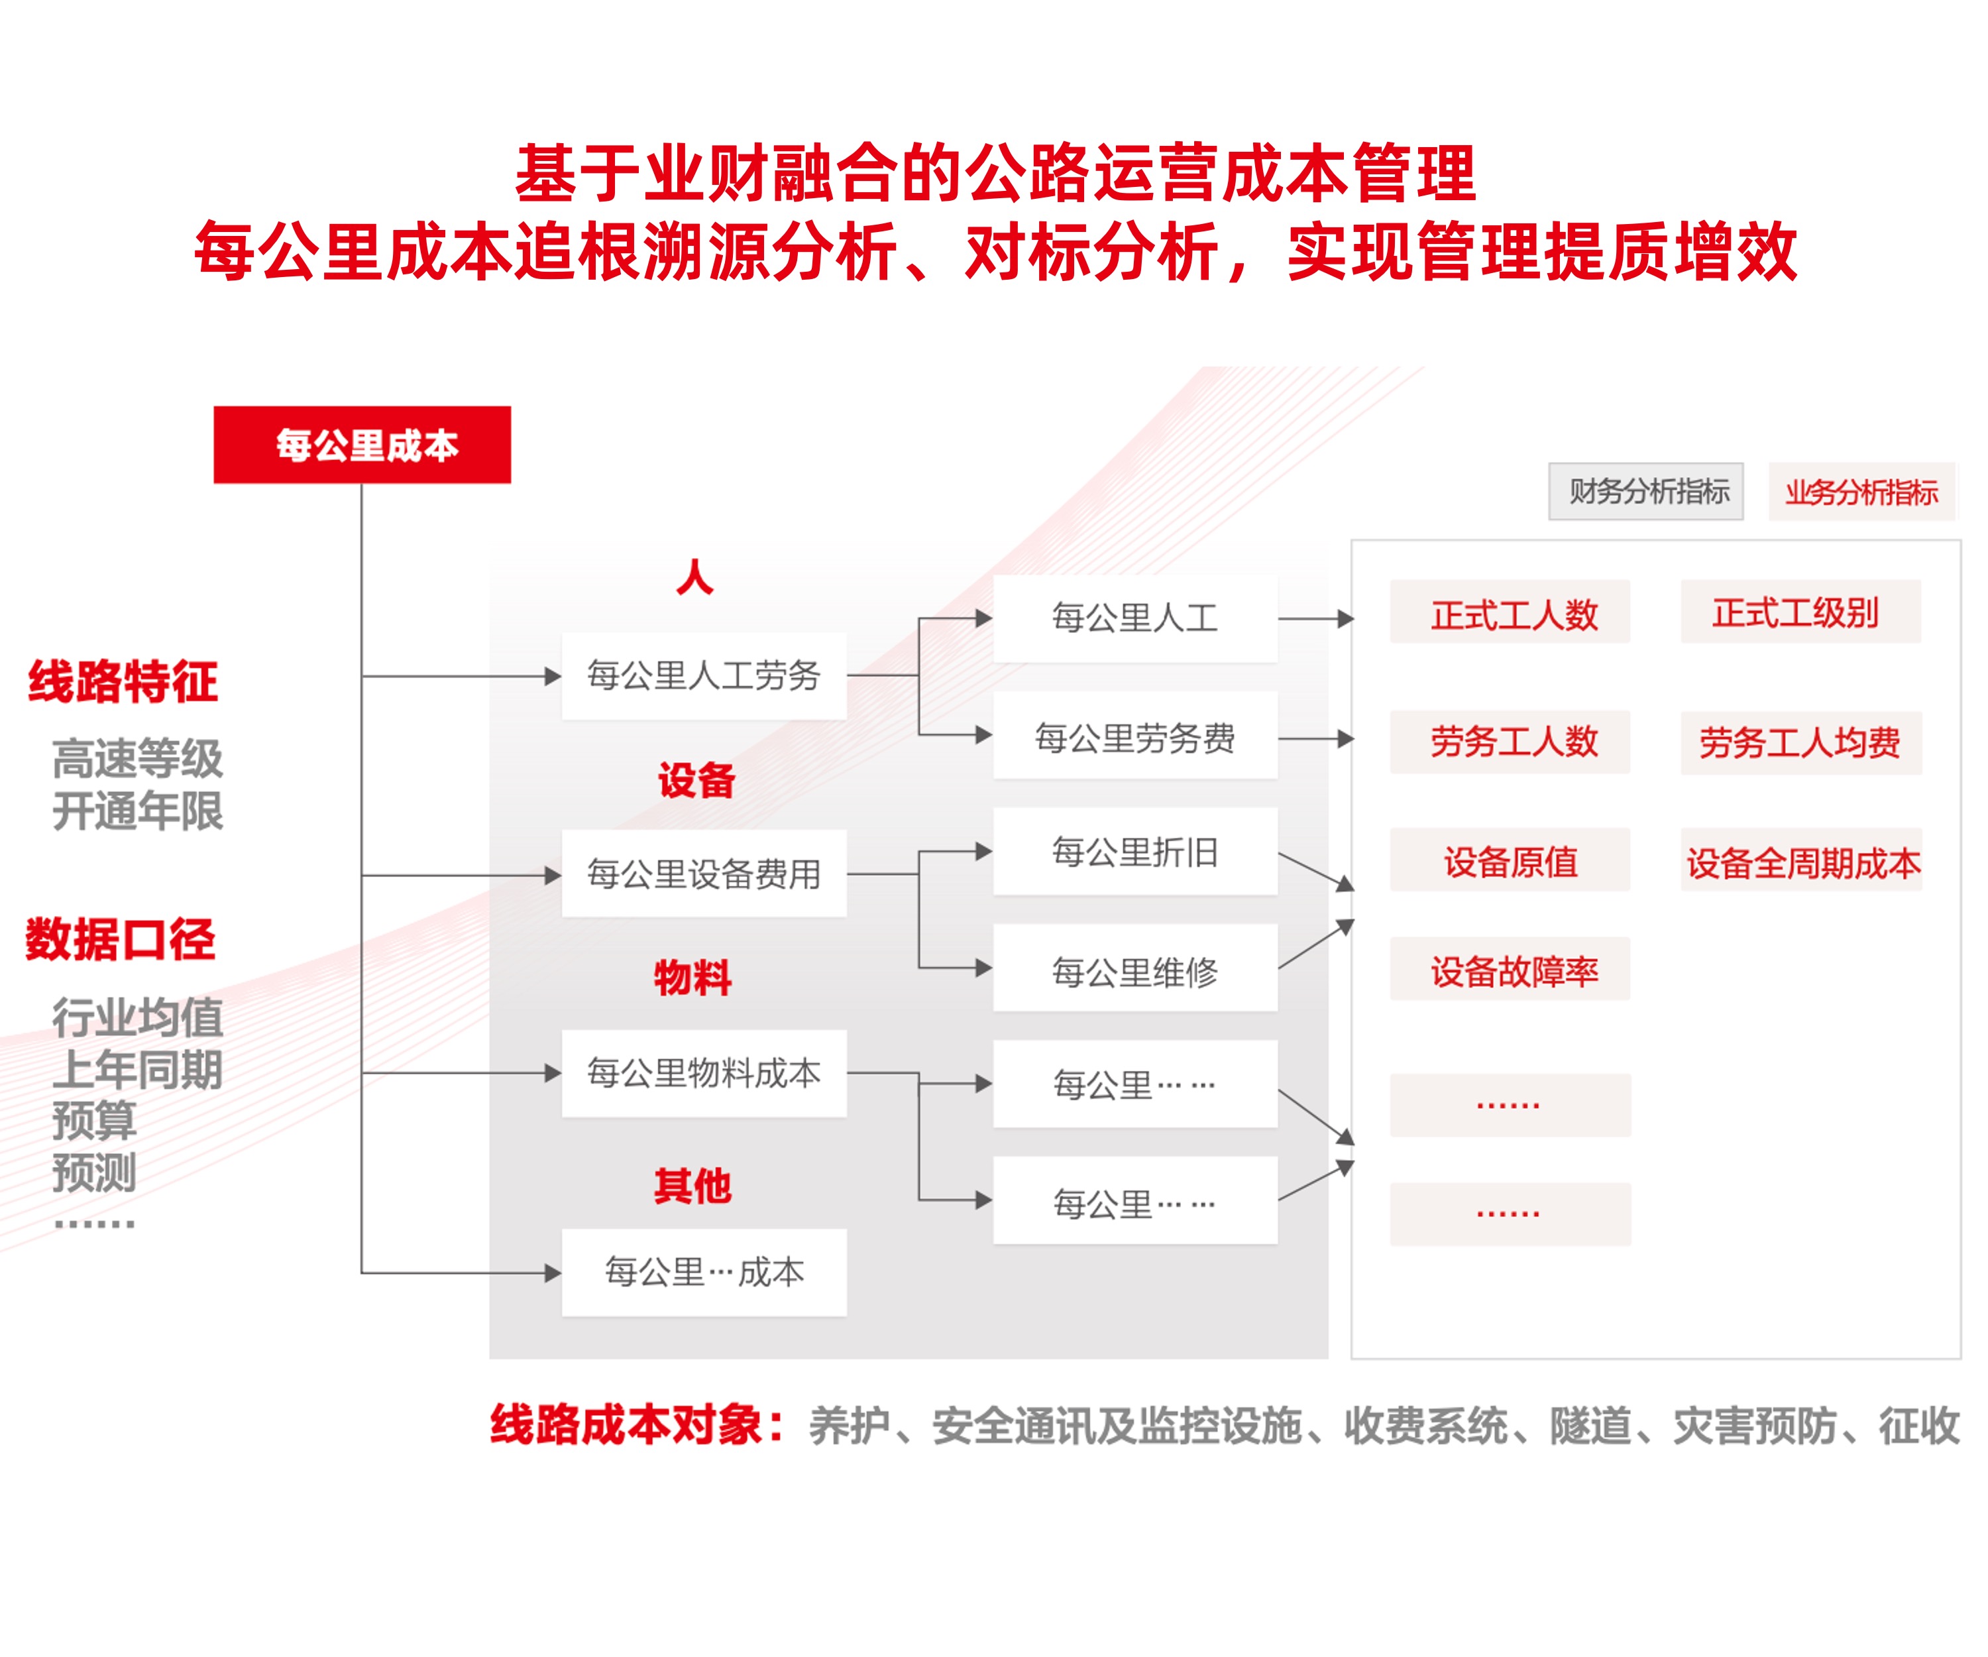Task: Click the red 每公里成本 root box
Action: [362, 445]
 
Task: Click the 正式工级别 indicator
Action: [1800, 612]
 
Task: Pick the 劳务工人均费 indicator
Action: [1800, 742]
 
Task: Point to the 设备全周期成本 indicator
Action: [1802, 862]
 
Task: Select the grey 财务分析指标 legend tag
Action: [1645, 491]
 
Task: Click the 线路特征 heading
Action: [123, 682]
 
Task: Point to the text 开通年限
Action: [137, 811]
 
